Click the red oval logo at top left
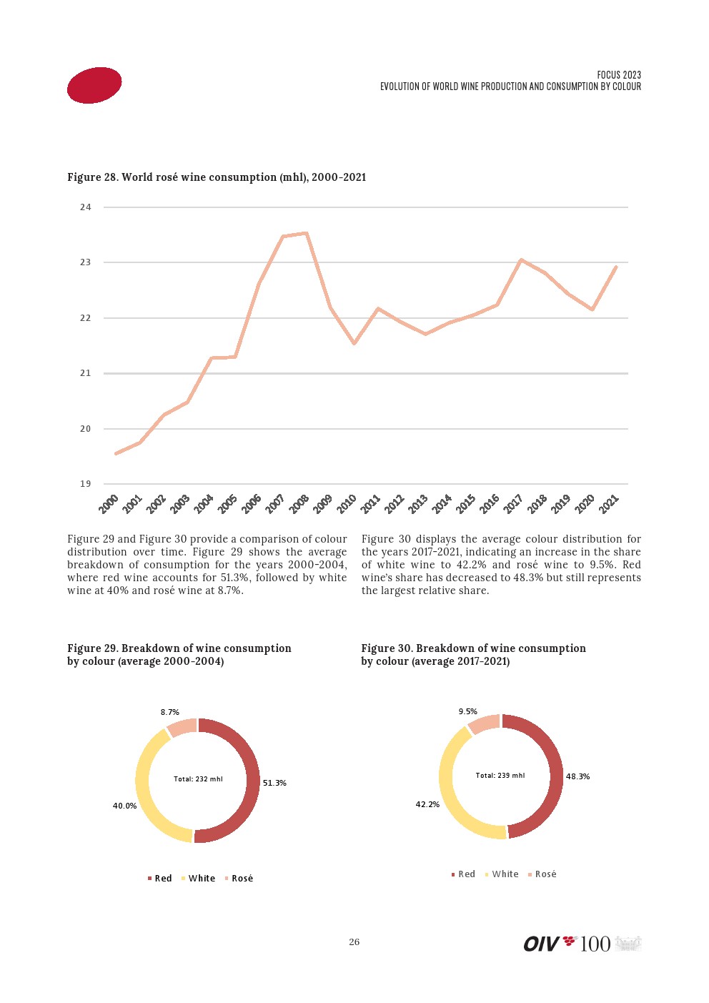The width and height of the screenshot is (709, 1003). tap(94, 86)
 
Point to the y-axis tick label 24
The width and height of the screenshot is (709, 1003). tap(86, 207)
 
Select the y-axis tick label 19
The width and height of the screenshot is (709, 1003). tap(86, 484)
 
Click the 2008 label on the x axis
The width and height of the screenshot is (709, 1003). tap(299, 503)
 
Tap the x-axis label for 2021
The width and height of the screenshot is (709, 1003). tap(609, 503)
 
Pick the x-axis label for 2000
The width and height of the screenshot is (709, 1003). tap(109, 503)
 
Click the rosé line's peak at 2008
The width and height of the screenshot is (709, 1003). tap(306, 233)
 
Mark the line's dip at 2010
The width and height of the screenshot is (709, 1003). tap(354, 343)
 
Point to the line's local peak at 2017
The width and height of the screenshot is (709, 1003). tap(521, 260)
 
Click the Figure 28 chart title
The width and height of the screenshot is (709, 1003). tap(217, 177)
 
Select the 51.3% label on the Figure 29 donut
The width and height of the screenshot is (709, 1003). tap(274, 783)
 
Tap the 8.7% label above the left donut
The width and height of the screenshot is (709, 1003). tap(170, 712)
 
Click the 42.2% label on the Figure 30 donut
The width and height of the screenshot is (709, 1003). tap(427, 804)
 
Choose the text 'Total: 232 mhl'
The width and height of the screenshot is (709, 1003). tap(198, 779)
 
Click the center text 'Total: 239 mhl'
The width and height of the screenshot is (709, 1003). tap(500, 775)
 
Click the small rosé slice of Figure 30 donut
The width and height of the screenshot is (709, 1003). tap(485, 723)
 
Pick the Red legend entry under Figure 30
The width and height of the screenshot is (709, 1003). tap(463, 874)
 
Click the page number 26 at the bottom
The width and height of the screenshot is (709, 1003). tap(354, 942)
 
